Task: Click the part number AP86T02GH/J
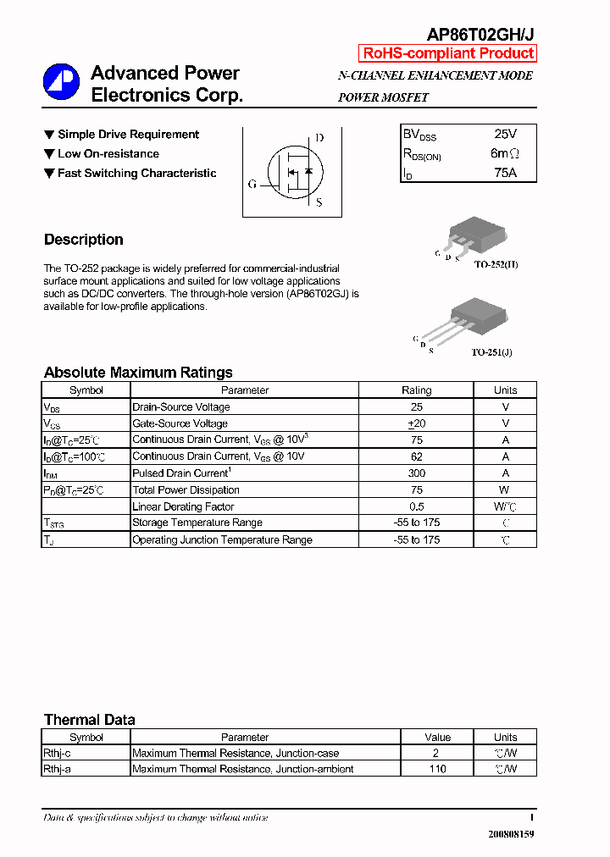pos(480,34)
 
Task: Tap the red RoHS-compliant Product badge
pos(448,53)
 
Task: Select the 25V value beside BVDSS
pos(505,134)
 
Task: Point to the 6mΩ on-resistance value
pos(505,153)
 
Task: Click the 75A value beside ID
pos(505,173)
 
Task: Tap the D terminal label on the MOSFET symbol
pos(319,138)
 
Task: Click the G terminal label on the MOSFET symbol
pos(252,184)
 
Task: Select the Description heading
pos(84,240)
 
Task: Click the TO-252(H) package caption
pos(496,265)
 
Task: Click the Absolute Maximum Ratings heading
pos(138,373)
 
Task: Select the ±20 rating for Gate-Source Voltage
pos(416,423)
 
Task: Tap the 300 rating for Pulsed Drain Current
pos(416,473)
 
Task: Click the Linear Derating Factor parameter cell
pos(183,506)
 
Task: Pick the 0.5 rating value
pos(416,506)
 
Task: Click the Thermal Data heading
pos(89,720)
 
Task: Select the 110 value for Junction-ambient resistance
pos(437,769)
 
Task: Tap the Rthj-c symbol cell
pos(57,753)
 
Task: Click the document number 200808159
pos(511,834)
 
